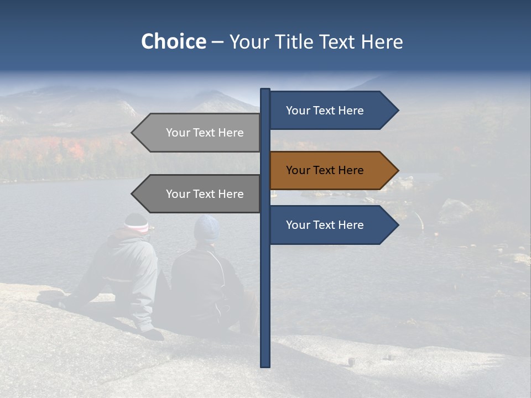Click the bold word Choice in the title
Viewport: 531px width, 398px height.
pyautogui.click(x=174, y=41)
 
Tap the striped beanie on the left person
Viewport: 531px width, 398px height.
pyautogui.click(x=136, y=223)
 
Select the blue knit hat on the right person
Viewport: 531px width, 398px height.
pyautogui.click(x=207, y=227)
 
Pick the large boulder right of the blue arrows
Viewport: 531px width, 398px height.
pyautogui.click(x=456, y=213)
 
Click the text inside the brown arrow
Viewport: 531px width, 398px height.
pyautogui.click(x=325, y=170)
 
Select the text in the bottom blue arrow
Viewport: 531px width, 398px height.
pyautogui.click(x=325, y=225)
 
